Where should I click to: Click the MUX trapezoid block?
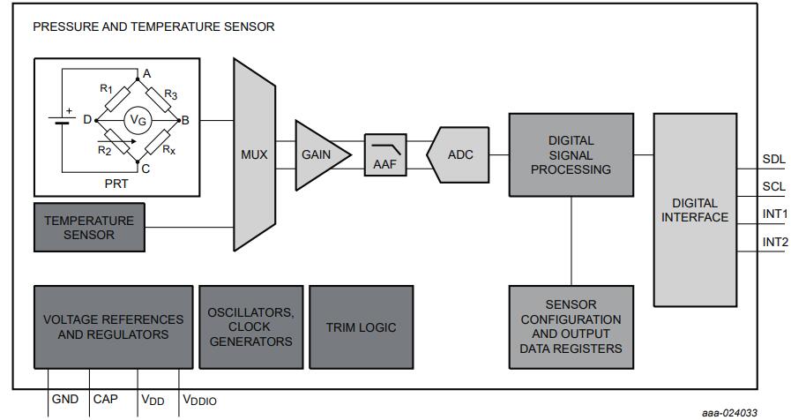pos(254,154)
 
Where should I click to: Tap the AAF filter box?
pos(384,154)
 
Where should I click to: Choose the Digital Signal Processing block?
pos(571,154)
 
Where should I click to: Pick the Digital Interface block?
pos(694,209)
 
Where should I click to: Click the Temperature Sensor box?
pos(89,228)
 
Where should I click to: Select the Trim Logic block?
pos(361,326)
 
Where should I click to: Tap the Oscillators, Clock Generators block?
pos(250,326)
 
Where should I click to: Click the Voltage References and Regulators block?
pos(113,326)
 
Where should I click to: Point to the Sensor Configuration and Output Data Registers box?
pos(571,326)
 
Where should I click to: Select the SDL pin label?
pos(773,160)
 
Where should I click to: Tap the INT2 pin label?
pos(775,242)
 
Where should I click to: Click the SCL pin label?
pos(773,187)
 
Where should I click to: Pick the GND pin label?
pos(65,400)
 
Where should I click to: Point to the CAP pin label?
pos(106,400)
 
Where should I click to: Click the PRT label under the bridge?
pos(135,183)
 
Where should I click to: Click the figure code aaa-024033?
pos(730,411)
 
